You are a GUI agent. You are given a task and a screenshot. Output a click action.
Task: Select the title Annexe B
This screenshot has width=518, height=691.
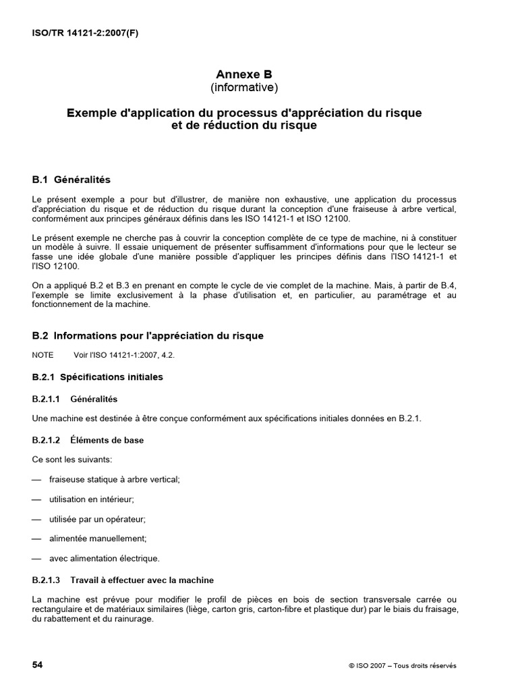pos(244,74)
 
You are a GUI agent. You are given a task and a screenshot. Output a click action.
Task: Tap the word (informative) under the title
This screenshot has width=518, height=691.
pos(244,87)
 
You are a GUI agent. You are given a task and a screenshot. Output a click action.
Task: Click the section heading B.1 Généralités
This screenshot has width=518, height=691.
pos(71,180)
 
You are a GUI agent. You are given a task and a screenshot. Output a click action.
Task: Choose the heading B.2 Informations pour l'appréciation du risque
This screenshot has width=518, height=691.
pos(148,335)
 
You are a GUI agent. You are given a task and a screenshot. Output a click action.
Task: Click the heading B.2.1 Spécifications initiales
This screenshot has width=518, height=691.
pos(98,377)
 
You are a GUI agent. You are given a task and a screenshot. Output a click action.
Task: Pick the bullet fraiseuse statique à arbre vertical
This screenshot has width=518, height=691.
pos(115,479)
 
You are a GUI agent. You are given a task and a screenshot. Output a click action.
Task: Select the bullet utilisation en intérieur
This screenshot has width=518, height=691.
pos(91,499)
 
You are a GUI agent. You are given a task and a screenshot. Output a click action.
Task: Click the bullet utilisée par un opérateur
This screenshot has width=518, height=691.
pos(97,519)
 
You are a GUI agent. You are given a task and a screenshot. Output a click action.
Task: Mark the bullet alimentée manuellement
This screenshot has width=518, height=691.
pos(98,538)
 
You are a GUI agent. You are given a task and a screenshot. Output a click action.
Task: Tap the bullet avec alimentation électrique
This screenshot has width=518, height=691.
pos(105,558)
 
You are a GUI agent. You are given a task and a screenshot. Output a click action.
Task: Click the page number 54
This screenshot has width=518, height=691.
pos(38,665)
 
